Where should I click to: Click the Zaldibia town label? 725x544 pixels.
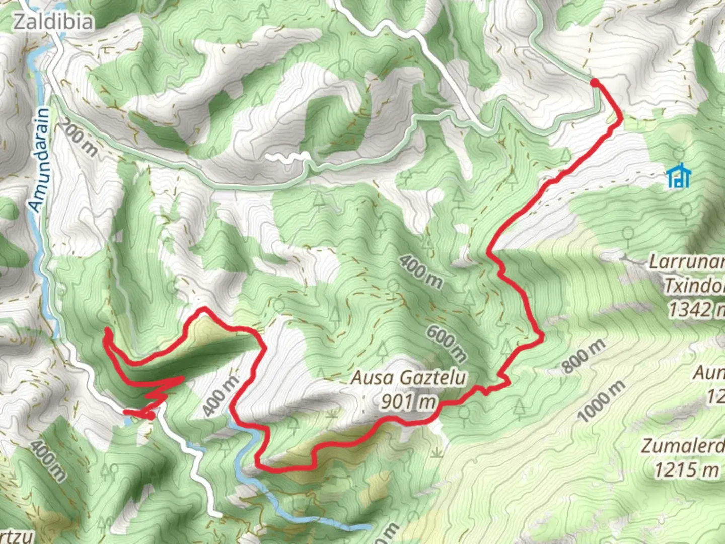53,22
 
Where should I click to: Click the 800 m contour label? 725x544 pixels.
584,355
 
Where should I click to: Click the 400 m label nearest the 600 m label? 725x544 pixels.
421,271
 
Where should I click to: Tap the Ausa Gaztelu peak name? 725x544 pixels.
408,378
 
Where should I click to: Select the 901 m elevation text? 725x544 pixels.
408,401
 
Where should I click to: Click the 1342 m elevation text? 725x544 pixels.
696,309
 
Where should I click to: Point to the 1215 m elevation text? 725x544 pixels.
686,470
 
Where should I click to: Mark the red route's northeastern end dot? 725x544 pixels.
595,82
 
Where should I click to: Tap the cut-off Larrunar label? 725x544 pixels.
687,262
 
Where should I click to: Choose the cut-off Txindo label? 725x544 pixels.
694,286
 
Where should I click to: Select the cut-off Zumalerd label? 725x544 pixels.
683,446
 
